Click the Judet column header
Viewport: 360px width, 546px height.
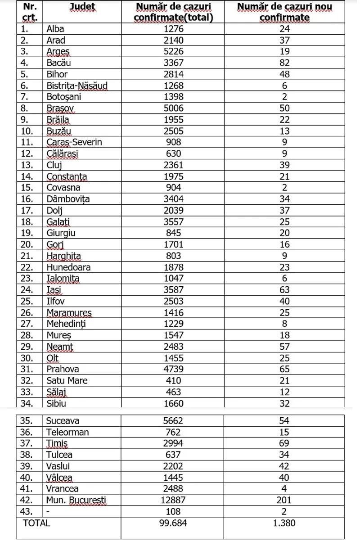tap(83, 7)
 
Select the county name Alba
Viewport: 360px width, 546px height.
tap(55, 29)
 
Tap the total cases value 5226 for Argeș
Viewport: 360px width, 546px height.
tap(173, 51)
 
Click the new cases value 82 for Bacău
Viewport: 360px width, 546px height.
tap(284, 63)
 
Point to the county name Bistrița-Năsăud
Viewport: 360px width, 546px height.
tap(77, 86)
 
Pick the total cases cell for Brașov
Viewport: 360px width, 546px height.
tap(173, 108)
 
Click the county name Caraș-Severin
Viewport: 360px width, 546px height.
tap(74, 142)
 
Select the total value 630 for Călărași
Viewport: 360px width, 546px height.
tap(173, 153)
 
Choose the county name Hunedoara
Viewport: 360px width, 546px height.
tap(68, 267)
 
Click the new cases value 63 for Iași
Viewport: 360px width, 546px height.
tap(284, 290)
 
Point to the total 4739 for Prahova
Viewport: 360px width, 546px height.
tap(173, 369)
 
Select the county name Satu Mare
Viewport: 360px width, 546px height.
tap(67, 380)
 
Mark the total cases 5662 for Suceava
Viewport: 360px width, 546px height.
tap(173, 421)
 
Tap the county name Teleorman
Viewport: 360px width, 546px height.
tap(67, 432)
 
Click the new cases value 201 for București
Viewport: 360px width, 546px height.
tap(284, 500)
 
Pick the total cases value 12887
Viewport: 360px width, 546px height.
tap(173, 500)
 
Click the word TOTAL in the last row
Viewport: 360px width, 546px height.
tap(36, 523)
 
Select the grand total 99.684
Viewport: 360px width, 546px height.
tap(173, 523)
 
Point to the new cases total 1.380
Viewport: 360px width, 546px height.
tap(284, 523)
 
